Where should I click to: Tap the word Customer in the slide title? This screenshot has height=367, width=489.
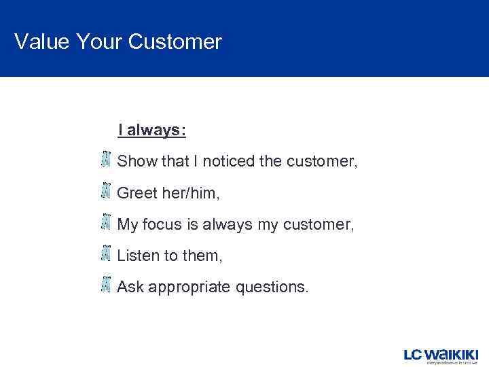tap(175, 42)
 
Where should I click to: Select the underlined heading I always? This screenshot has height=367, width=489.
tap(151, 130)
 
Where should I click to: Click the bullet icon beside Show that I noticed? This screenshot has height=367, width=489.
tap(105, 160)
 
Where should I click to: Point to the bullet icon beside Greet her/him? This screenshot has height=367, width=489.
tap(105, 191)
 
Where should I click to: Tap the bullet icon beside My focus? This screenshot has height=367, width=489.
tap(105, 222)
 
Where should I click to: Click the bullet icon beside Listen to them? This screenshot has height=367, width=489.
tap(105, 254)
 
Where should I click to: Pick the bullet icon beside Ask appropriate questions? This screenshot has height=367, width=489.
tap(105, 285)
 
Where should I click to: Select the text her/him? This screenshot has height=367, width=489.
tap(192, 193)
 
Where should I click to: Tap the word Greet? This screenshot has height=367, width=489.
tap(137, 193)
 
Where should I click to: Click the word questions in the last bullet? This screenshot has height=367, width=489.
tap(272, 287)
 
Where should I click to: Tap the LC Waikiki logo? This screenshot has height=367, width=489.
tap(441, 355)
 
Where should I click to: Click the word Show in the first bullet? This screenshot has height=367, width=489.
tap(137, 162)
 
